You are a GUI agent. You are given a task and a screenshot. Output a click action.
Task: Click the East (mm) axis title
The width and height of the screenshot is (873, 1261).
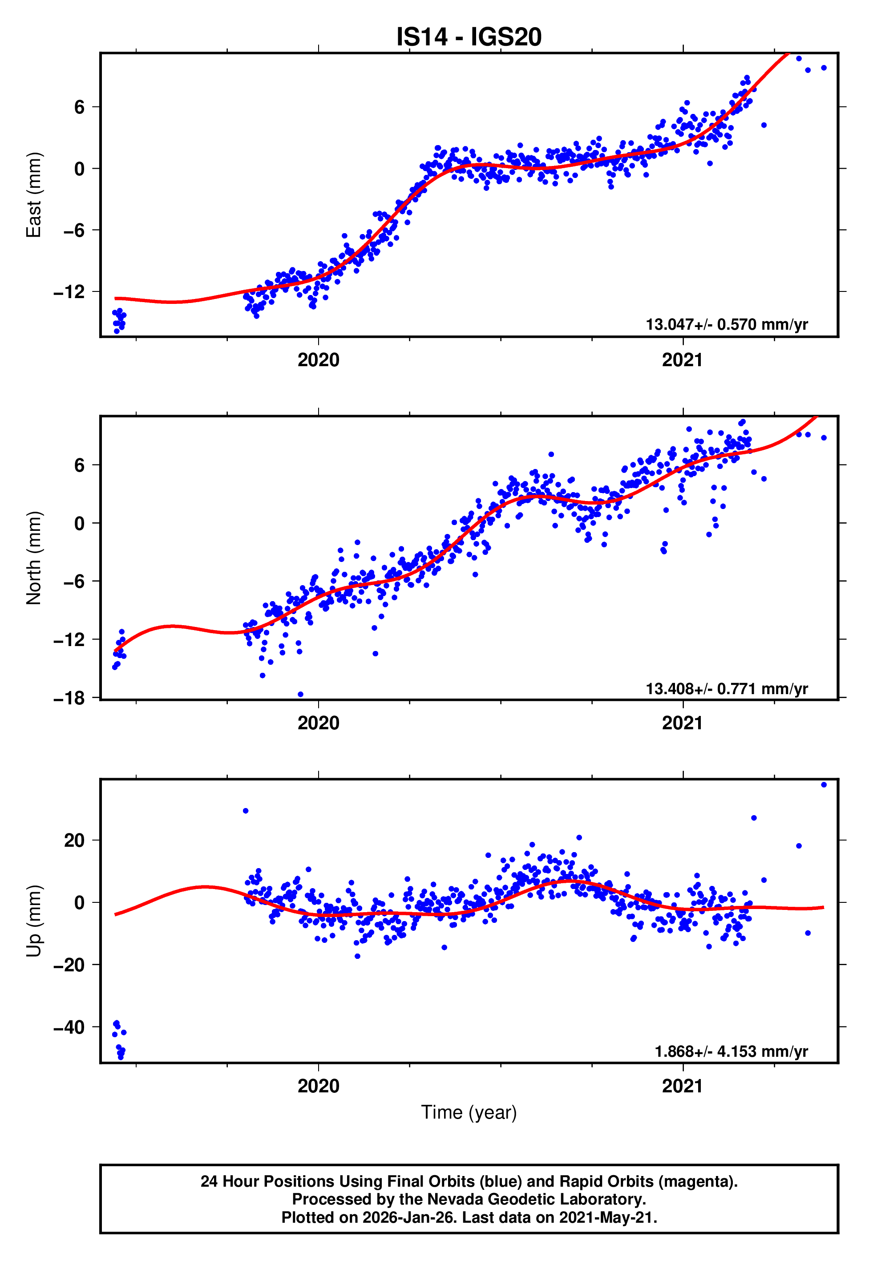pos(34,195)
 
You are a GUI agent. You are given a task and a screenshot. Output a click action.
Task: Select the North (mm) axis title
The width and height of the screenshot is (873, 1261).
pos(34,558)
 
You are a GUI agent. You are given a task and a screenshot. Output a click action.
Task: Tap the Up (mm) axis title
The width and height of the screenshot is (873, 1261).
pos(34,921)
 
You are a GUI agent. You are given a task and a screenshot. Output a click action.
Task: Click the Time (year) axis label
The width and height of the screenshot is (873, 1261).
pos(469,1112)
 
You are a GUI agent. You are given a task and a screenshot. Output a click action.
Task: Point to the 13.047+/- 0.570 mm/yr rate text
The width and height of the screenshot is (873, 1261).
pos(727,324)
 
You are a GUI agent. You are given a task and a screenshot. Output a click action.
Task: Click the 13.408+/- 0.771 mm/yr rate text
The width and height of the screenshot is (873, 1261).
pos(727,688)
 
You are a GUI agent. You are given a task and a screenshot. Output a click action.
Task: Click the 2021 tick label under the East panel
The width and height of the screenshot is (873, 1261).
pos(682,360)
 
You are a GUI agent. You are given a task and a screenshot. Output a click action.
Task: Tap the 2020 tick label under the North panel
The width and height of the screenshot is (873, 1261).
pos(318,723)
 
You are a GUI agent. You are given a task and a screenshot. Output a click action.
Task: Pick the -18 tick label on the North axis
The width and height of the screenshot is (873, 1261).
pos(69,698)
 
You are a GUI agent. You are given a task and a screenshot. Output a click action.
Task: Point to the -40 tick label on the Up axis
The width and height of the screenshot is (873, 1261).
pos(69,1027)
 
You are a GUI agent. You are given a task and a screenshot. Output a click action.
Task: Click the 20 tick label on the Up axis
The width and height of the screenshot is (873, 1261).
pos(74,841)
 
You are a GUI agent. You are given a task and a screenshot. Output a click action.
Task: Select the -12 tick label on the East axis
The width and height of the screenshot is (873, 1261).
pos(69,292)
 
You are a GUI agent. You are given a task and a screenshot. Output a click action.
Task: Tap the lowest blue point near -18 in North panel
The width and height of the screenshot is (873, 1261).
pos(300,695)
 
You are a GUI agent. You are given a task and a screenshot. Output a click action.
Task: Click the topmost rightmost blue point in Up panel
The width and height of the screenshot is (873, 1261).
pos(824,785)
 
